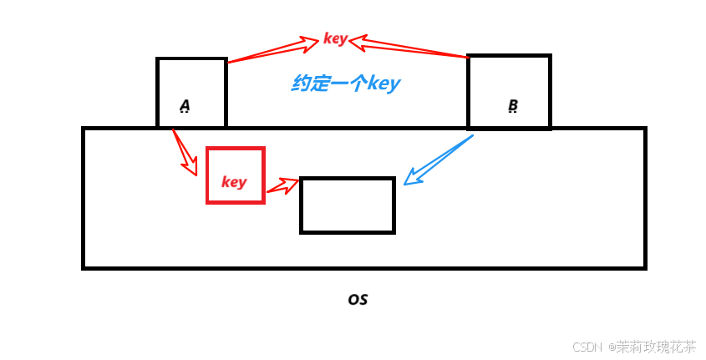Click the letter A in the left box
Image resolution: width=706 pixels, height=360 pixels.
click(185, 106)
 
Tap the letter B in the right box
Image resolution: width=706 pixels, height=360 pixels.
click(513, 106)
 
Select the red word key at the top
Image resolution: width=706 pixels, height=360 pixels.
click(334, 39)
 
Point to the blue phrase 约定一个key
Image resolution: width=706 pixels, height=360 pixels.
click(346, 84)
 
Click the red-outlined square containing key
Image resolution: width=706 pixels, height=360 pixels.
click(235, 175)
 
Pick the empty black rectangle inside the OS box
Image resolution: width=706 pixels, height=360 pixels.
click(347, 205)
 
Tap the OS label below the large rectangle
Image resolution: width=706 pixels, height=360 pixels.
click(358, 299)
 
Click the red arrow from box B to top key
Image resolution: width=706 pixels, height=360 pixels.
click(409, 48)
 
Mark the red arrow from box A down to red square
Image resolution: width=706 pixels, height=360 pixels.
click(183, 150)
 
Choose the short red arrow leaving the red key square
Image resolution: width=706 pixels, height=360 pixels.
click(282, 188)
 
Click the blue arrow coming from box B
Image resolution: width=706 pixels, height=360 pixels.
click(439, 159)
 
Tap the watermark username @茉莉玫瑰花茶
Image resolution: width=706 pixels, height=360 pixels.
click(652, 345)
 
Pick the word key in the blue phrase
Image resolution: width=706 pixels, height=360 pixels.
click(383, 84)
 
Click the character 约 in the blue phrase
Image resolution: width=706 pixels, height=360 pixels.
click(302, 84)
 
